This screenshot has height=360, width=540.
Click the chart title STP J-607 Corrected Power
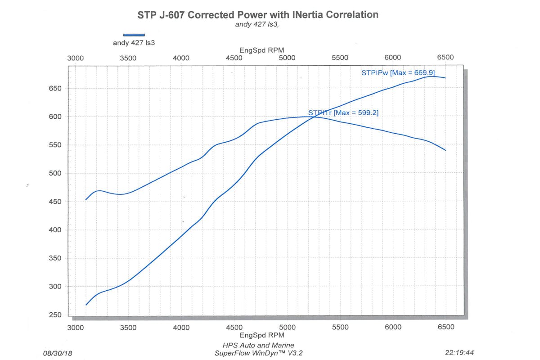pos(258,14)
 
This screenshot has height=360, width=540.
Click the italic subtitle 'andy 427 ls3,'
pos(257,24)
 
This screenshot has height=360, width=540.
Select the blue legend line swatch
pos(134,35)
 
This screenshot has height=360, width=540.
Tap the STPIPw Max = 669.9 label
pos(398,72)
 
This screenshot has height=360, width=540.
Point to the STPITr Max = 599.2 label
pos(343,113)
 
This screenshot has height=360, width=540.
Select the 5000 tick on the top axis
pos(287,58)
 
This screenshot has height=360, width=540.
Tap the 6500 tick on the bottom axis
pos(445,327)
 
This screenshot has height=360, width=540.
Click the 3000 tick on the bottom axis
pos(75,327)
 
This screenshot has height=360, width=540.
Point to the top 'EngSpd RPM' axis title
pos(261,50)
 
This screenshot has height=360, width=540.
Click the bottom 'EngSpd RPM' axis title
pos(261,335)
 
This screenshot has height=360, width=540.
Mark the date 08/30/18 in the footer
pos(57,353)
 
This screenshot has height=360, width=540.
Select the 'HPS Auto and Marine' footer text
pos(258,345)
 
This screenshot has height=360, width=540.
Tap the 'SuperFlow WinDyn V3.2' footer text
pos(258,353)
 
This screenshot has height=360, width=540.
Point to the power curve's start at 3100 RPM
pos(86,305)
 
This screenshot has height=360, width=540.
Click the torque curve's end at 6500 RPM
pos(445,150)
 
